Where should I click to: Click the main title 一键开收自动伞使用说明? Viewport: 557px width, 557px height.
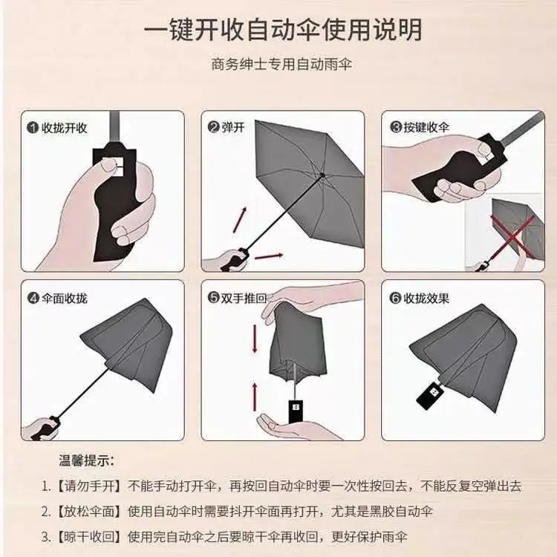click(x=283, y=30)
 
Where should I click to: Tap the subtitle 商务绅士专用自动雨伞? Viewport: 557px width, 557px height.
click(x=281, y=65)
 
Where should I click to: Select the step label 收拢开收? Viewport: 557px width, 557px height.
click(x=65, y=128)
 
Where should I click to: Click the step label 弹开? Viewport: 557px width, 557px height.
click(x=233, y=127)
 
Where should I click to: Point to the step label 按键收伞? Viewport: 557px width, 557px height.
click(x=426, y=127)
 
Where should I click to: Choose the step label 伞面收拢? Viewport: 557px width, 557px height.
click(x=65, y=298)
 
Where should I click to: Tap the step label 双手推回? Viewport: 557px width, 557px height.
click(x=244, y=298)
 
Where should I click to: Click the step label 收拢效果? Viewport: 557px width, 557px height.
click(x=426, y=298)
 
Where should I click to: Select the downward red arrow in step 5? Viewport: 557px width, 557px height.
click(x=255, y=339)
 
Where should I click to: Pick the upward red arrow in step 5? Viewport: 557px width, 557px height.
click(x=255, y=397)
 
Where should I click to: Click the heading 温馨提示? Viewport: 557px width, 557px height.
click(x=87, y=461)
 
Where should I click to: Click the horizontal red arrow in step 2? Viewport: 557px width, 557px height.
click(x=269, y=256)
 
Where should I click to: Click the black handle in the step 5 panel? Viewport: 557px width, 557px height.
click(x=296, y=411)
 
